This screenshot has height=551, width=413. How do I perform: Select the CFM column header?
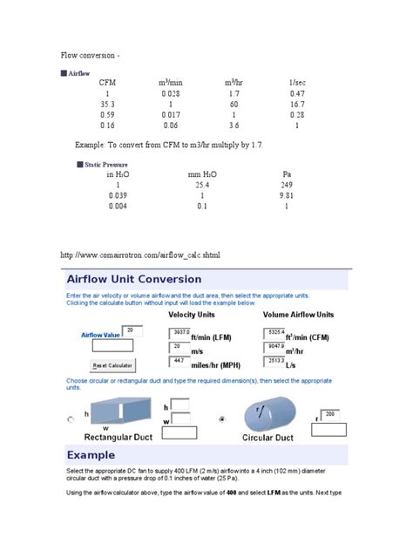(x=107, y=82)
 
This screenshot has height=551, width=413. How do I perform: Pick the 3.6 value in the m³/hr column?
(x=234, y=125)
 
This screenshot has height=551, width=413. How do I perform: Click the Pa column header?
(x=287, y=173)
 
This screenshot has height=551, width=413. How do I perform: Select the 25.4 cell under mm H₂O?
(x=202, y=185)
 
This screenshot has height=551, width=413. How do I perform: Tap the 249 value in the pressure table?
(x=287, y=185)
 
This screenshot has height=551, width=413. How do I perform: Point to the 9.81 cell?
(x=287, y=195)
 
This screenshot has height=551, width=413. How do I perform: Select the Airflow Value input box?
(x=133, y=332)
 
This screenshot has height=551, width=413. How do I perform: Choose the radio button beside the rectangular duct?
(x=71, y=419)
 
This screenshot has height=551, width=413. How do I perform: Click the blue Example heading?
(x=91, y=456)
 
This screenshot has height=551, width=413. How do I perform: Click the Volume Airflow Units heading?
(x=299, y=314)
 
